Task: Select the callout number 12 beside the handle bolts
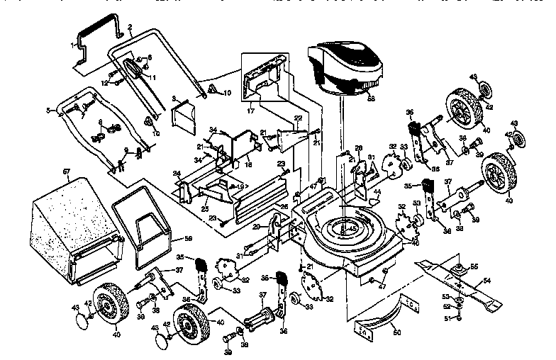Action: [104, 82]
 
